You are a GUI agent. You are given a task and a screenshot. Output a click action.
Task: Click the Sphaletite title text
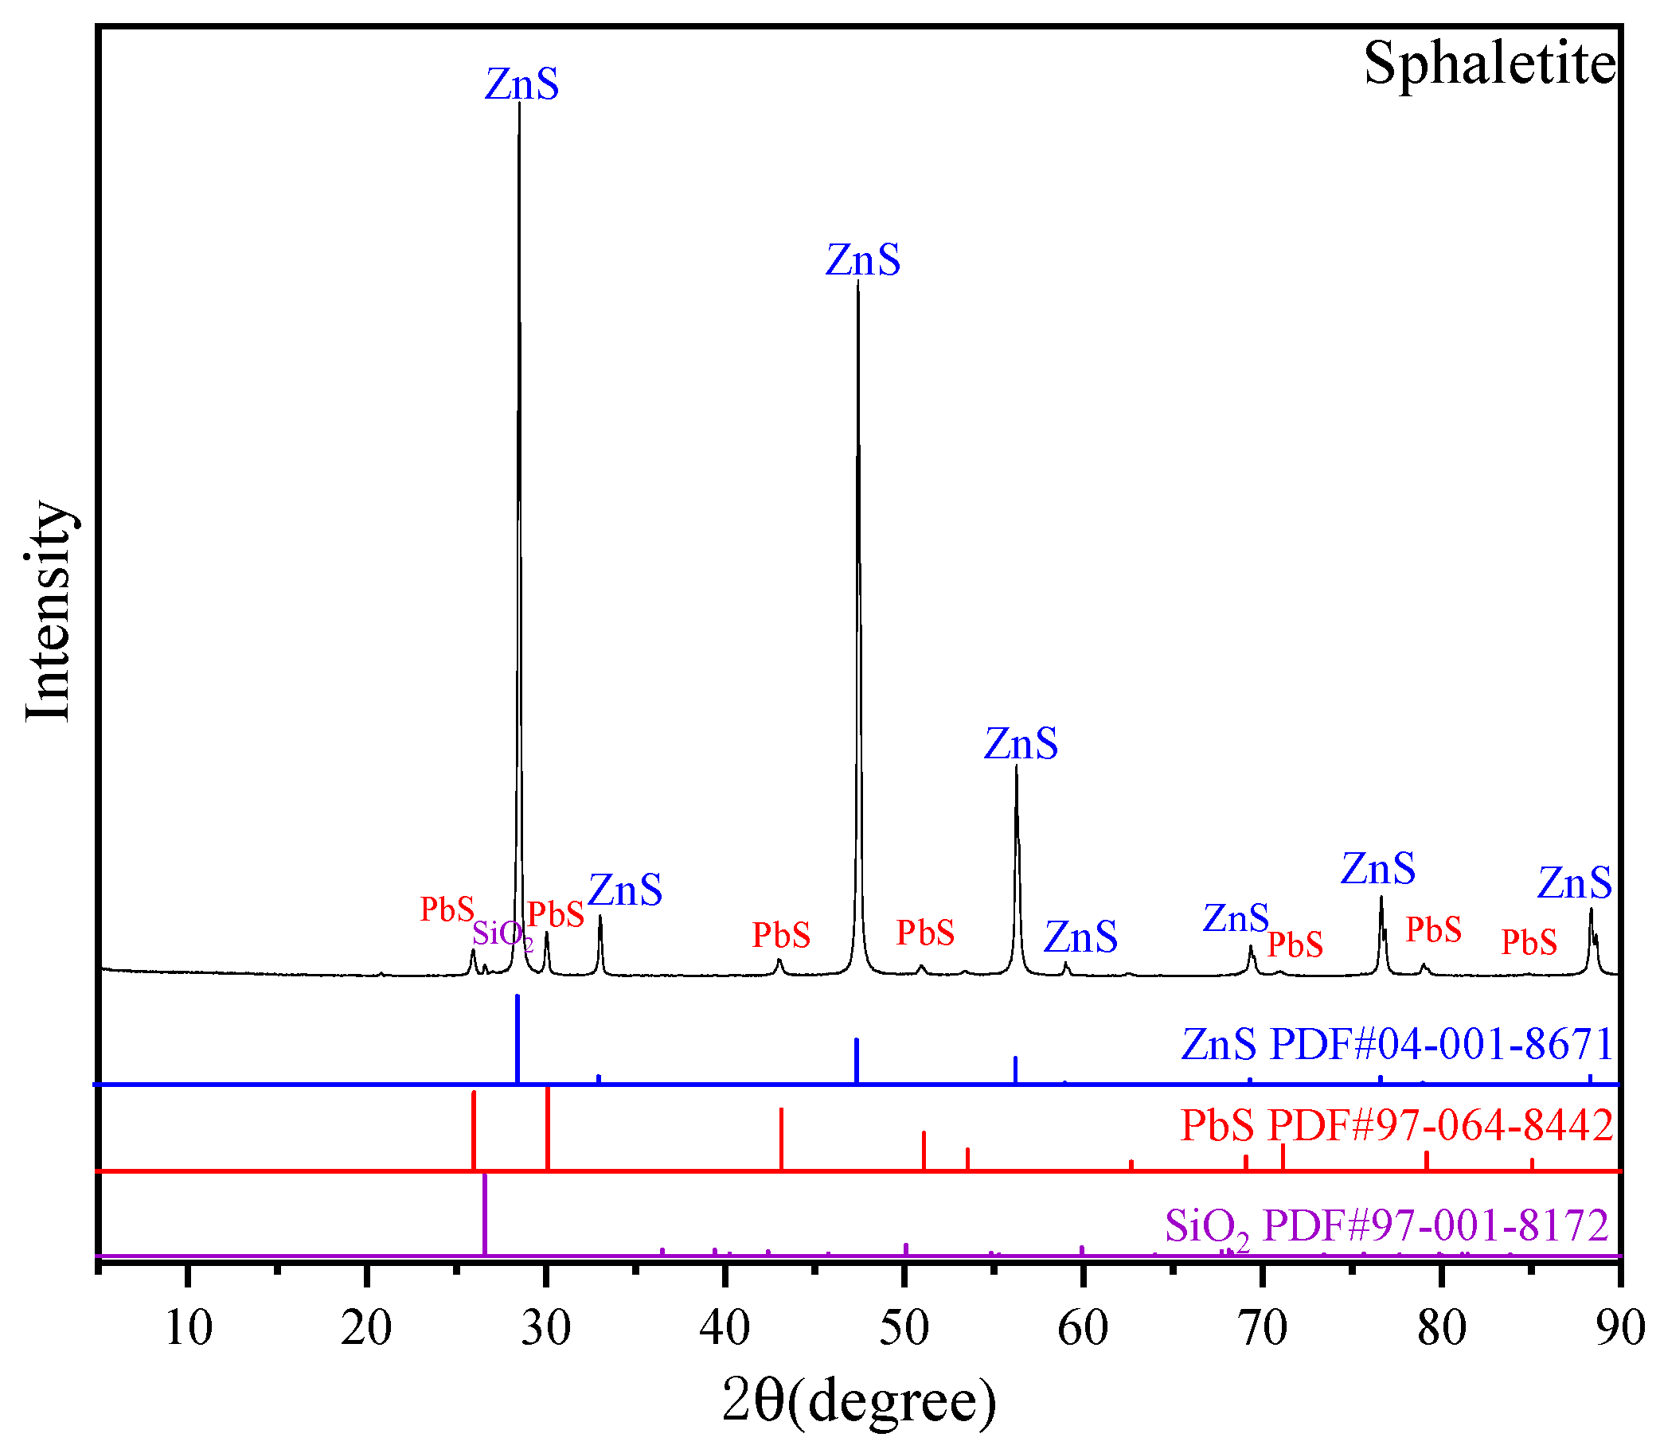pyautogui.click(x=1490, y=63)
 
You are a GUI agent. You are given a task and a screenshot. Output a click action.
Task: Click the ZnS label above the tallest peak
pyautogui.click(x=521, y=84)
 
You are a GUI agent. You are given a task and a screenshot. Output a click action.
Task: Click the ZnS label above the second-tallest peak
pyautogui.click(x=862, y=260)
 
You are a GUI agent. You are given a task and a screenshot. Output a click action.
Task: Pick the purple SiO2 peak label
pyautogui.click(x=502, y=934)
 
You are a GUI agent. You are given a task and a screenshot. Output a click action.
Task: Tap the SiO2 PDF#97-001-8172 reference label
pyautogui.click(x=1387, y=1226)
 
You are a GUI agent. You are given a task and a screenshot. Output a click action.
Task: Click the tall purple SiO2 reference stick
pyautogui.click(x=485, y=1213)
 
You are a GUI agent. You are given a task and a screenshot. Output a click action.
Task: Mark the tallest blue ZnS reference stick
pyautogui.click(x=518, y=1039)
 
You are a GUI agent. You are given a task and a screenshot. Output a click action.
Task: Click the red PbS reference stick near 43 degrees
pyautogui.click(x=781, y=1139)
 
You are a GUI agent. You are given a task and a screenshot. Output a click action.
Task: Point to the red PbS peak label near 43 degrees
pyautogui.click(x=781, y=935)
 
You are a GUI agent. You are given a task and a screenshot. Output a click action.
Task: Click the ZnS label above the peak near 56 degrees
pyautogui.click(x=1021, y=744)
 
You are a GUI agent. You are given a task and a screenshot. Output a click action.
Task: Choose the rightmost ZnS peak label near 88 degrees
pyautogui.click(x=1574, y=883)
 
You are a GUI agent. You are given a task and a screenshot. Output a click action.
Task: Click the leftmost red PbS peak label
pyautogui.click(x=447, y=910)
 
